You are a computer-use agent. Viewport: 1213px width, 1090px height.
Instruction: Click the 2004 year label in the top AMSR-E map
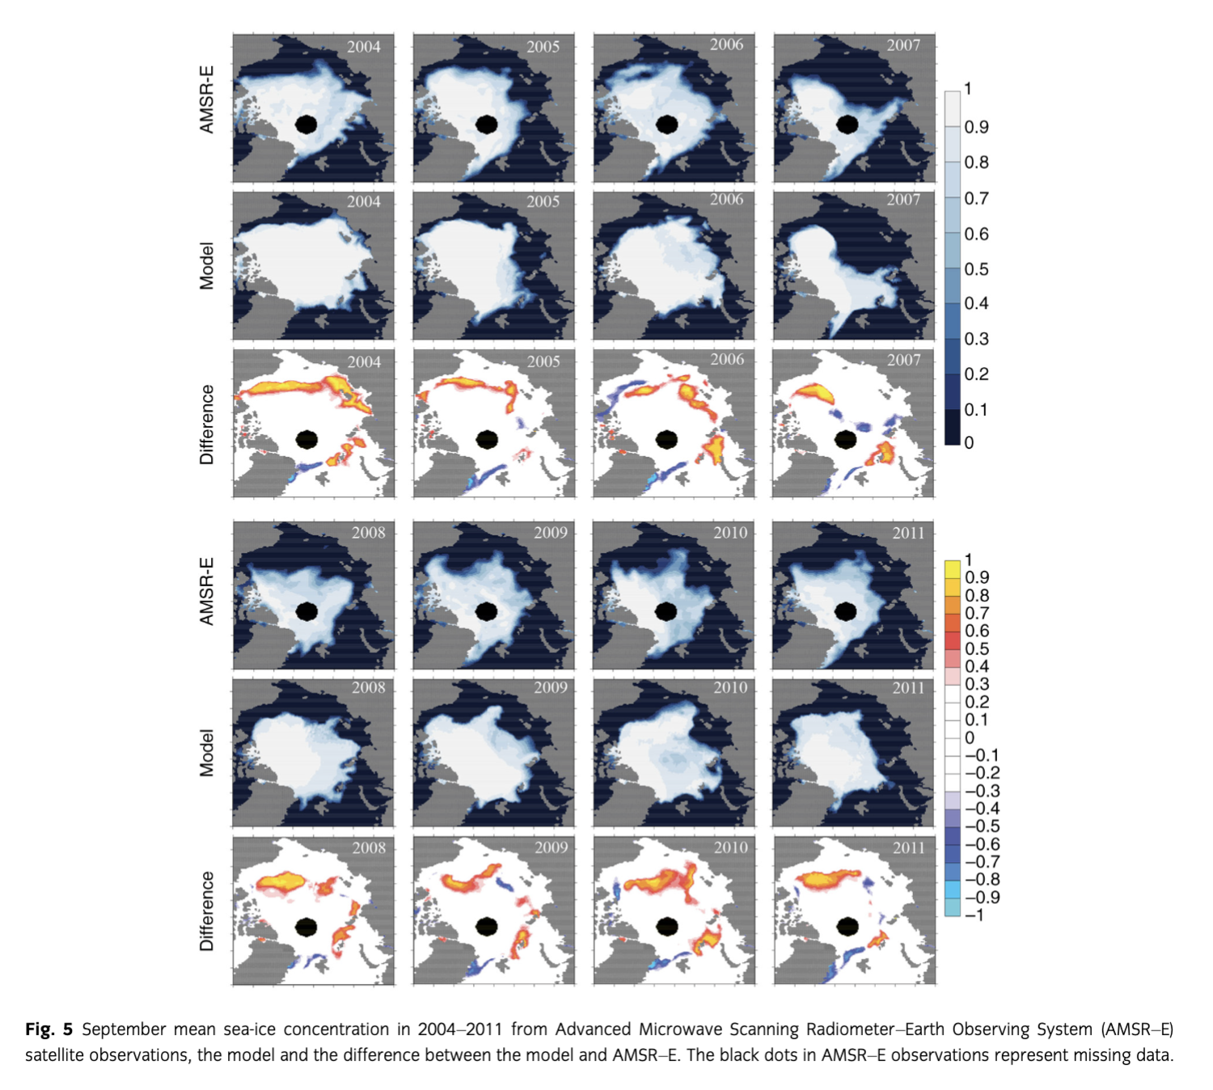(x=364, y=47)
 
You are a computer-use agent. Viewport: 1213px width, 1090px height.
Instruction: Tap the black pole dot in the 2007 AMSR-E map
(x=847, y=125)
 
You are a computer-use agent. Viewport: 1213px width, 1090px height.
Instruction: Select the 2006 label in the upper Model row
(x=726, y=200)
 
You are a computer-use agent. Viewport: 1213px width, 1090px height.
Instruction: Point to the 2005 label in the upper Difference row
(x=543, y=361)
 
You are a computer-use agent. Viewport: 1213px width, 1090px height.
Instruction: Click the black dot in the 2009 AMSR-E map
(x=487, y=612)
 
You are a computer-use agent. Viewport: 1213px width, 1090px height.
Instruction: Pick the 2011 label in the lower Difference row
(x=909, y=847)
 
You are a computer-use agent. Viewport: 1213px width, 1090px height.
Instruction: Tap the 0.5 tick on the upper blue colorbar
(x=976, y=269)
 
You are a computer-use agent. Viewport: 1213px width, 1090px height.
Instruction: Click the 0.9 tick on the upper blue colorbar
(x=976, y=127)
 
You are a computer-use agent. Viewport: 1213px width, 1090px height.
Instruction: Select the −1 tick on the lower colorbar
(x=974, y=915)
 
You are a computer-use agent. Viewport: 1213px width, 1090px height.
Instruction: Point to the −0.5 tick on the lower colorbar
(x=982, y=826)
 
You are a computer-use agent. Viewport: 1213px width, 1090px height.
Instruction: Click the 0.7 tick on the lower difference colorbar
(x=977, y=613)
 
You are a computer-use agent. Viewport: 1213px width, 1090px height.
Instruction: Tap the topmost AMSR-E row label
(x=207, y=100)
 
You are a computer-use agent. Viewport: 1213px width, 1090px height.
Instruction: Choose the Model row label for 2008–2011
(x=207, y=753)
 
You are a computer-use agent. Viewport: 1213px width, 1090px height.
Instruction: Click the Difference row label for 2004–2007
(x=207, y=425)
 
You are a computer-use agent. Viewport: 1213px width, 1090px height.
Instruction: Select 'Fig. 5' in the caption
(x=49, y=1029)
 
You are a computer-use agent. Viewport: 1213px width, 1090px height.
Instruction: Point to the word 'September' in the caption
(x=124, y=1029)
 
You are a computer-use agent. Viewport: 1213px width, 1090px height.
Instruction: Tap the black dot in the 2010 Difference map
(x=667, y=927)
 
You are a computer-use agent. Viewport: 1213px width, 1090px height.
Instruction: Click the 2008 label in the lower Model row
(x=369, y=687)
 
